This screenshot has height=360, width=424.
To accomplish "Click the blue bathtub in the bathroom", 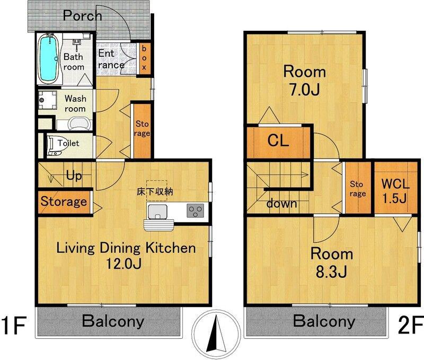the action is [x=48, y=58].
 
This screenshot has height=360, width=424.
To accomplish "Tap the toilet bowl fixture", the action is [x=54, y=145].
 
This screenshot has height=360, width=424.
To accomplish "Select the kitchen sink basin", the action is [x=157, y=211].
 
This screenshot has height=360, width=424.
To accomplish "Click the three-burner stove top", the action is [x=196, y=210].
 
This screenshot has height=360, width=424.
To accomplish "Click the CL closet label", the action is [x=278, y=141].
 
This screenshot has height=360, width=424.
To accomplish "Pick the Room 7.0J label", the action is [x=304, y=81].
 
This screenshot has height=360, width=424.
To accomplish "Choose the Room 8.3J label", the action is [x=332, y=262].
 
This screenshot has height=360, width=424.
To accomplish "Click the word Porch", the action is [x=83, y=16].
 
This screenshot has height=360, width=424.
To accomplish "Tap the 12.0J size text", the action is [x=123, y=264].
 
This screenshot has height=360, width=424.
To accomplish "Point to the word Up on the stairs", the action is [x=74, y=176].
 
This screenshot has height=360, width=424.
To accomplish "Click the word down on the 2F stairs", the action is [x=281, y=203].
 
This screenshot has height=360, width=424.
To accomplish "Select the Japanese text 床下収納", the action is [x=155, y=192].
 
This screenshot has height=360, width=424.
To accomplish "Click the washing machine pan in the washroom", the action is [x=48, y=100].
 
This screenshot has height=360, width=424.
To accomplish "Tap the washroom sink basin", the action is [x=78, y=124].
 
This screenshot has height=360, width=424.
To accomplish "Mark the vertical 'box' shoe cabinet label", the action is [x=144, y=58].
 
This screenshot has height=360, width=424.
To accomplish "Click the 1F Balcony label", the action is [x=113, y=321].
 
